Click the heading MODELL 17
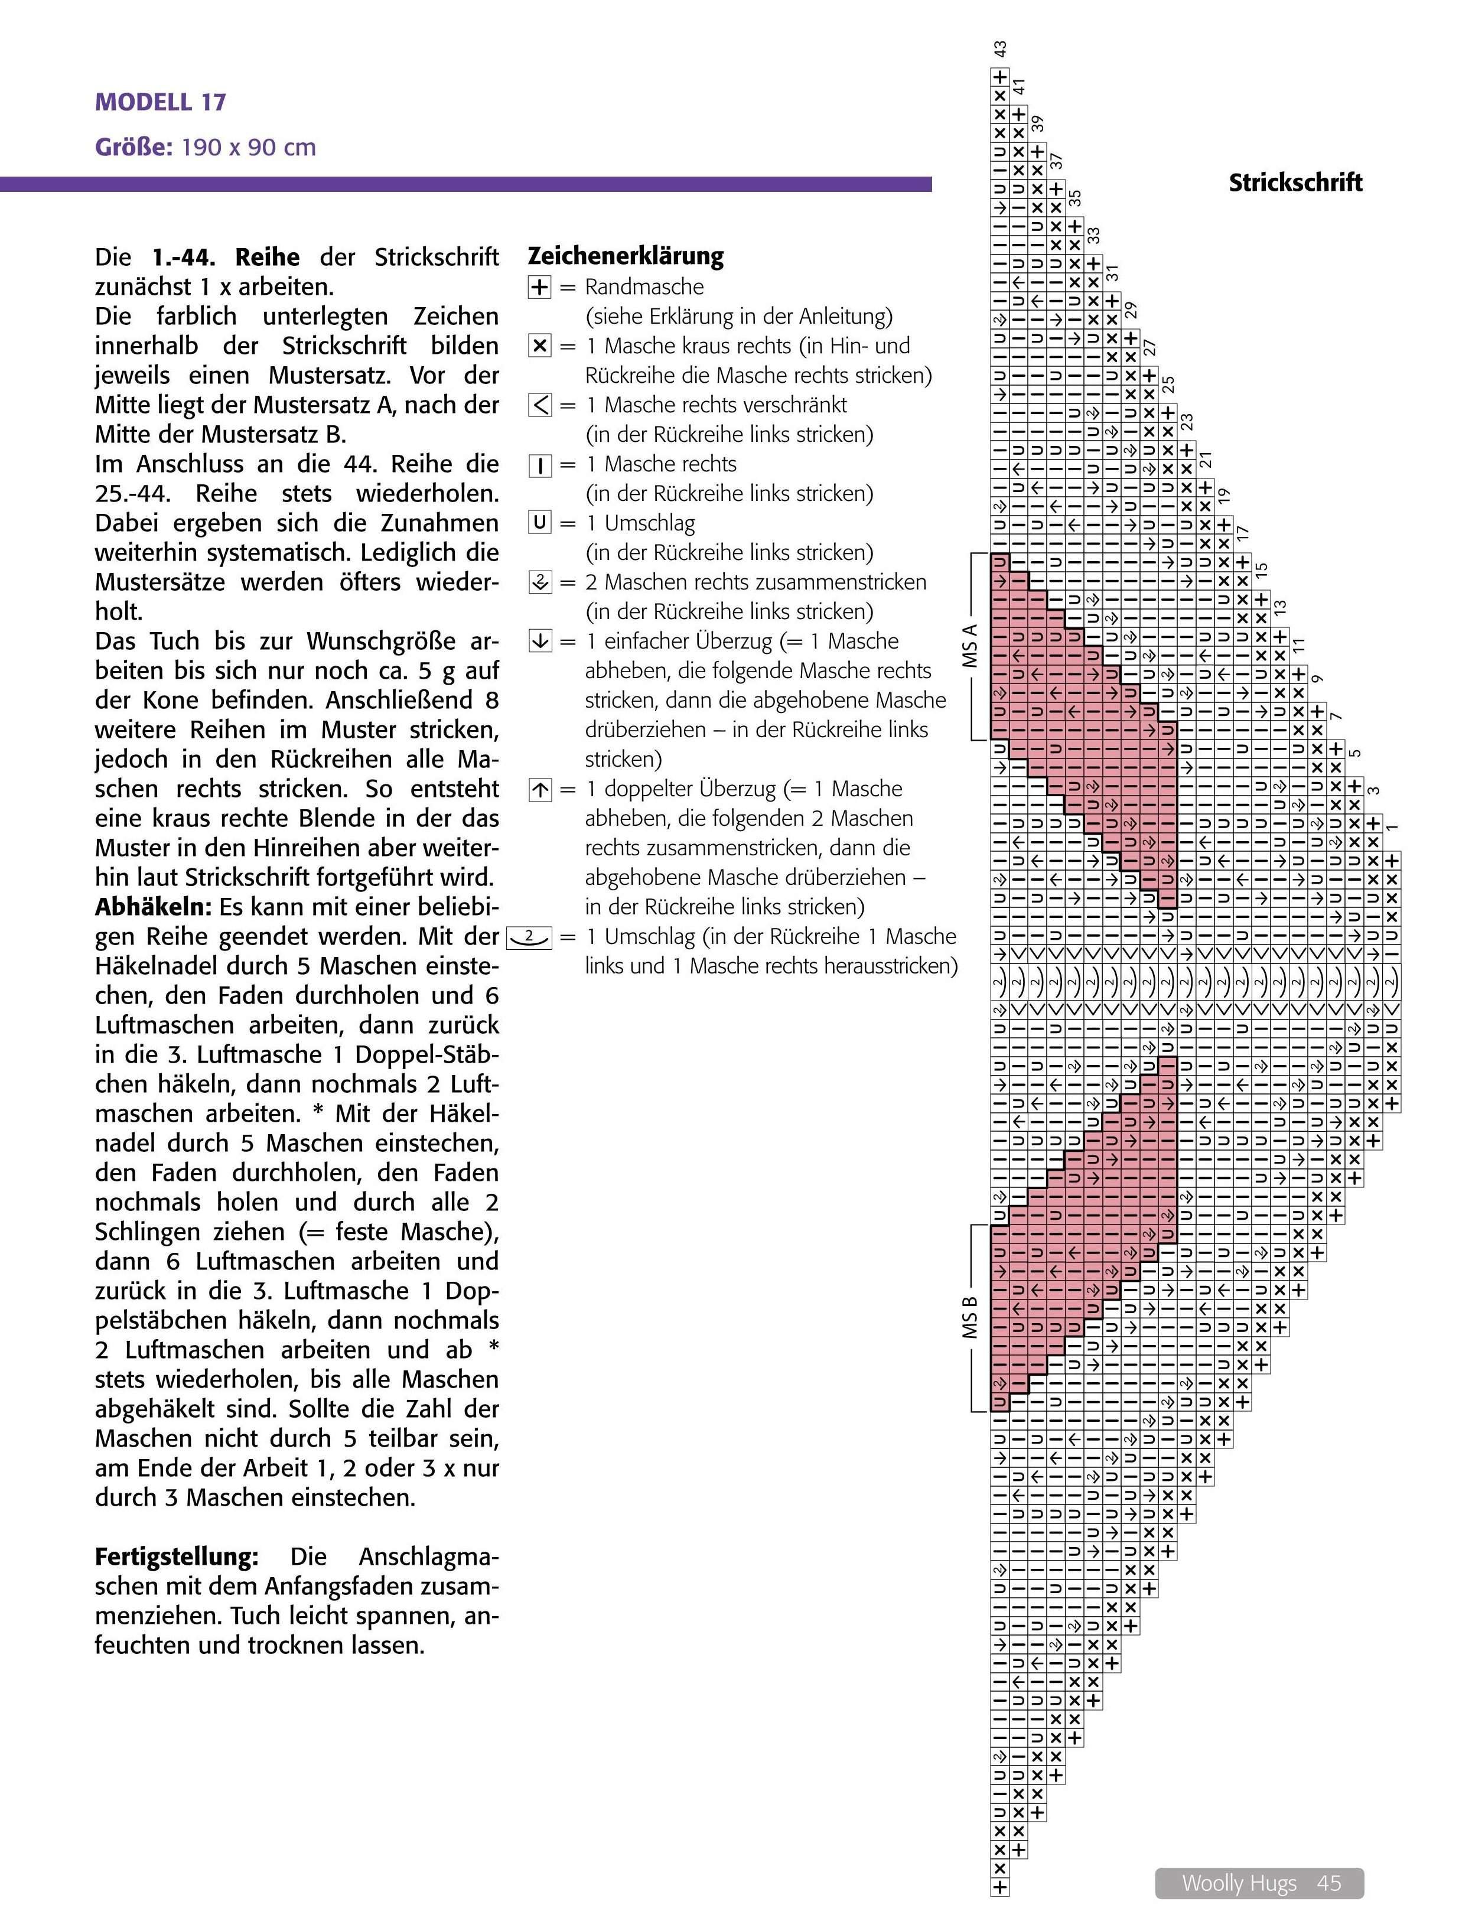coord(161,102)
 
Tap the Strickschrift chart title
coord(1295,183)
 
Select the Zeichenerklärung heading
coord(626,256)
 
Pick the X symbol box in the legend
coord(539,346)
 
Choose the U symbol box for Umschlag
coord(539,523)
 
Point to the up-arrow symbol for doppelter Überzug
coord(539,789)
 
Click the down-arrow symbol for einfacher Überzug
coord(539,642)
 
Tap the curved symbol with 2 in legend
coord(528,936)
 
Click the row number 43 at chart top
coord(1001,50)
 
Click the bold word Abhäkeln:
coord(153,907)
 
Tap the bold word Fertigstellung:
coord(176,1556)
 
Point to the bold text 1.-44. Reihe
coord(226,257)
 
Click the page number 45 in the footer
coord(1328,1883)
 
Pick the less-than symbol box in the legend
coord(539,405)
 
